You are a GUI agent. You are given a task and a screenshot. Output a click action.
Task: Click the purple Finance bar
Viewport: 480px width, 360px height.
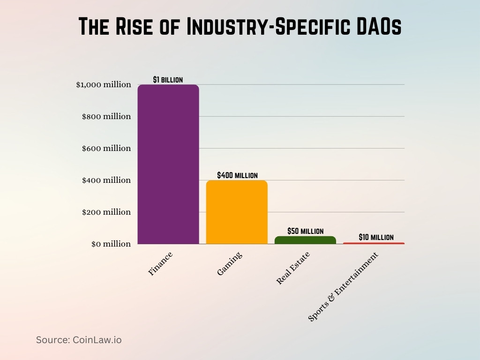tap(168, 164)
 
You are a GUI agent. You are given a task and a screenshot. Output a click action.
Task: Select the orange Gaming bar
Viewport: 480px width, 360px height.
tap(237, 212)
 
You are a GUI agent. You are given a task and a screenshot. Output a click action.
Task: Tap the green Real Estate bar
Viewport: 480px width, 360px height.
tap(305, 240)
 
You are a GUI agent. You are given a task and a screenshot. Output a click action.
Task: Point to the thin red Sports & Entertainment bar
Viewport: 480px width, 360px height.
tap(374, 243)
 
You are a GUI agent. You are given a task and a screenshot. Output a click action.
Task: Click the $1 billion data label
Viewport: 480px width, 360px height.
tap(168, 80)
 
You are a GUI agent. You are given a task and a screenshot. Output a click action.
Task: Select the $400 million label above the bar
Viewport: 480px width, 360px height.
tap(237, 175)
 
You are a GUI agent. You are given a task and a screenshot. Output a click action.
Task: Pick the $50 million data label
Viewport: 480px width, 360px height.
tap(305, 231)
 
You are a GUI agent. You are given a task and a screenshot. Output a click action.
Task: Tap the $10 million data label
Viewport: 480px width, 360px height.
tap(376, 237)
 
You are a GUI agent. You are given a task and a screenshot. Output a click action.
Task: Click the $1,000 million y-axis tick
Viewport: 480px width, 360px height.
tap(104, 85)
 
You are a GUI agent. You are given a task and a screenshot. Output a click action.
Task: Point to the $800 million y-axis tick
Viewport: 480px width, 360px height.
tap(106, 117)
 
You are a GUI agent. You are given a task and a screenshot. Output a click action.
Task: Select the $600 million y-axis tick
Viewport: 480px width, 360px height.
tap(106, 149)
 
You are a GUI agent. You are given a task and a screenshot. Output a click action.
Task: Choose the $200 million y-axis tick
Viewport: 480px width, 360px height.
tap(106, 212)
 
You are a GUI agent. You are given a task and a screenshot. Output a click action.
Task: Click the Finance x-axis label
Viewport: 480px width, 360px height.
tap(161, 264)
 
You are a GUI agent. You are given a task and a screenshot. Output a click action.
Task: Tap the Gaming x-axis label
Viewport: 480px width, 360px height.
tap(230, 263)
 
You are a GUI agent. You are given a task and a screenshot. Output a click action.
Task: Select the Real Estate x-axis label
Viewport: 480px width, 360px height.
tap(293, 268)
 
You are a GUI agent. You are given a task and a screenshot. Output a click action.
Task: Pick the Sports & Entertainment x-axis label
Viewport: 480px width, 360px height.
tap(343, 287)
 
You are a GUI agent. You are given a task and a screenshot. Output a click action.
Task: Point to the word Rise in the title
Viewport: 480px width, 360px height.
tap(133, 27)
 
